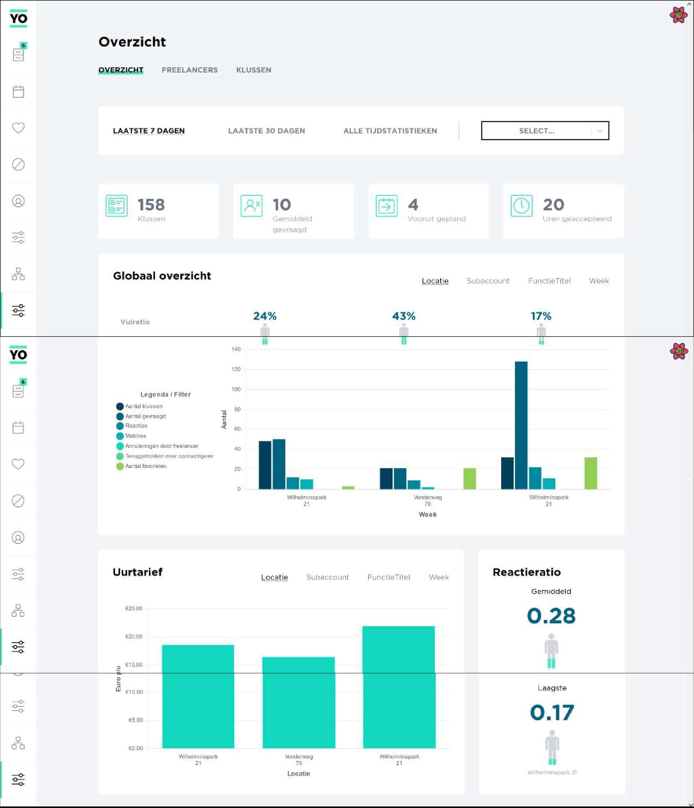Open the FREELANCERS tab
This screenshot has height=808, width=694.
[189, 70]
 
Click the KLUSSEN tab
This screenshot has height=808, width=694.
[253, 70]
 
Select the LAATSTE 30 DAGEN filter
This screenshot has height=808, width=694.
[266, 131]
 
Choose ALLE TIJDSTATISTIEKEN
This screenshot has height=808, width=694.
[390, 131]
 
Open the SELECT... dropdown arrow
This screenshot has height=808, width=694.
[600, 131]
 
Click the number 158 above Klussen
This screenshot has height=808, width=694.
[151, 205]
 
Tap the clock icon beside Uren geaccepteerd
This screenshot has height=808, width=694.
[521, 206]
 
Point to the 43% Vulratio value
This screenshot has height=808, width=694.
[403, 316]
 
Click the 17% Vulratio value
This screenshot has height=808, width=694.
[541, 316]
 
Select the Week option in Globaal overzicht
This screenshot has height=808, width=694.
[599, 281]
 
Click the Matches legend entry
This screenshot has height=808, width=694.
[135, 436]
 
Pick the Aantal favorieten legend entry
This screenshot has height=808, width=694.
[145, 466]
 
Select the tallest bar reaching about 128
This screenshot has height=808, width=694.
[521, 425]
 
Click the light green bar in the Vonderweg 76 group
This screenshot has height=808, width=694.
[470, 479]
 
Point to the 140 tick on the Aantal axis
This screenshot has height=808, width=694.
[236, 349]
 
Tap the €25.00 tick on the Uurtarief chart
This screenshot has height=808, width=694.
[134, 609]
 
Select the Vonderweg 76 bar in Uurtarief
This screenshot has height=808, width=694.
[299, 702]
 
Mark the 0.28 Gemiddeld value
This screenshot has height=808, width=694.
[551, 616]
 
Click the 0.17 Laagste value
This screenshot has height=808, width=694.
[552, 713]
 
